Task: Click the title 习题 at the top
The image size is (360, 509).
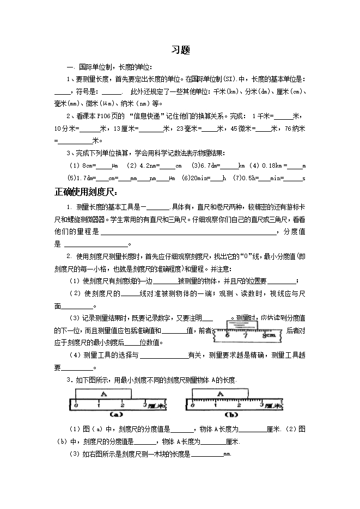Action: pos(180,50)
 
